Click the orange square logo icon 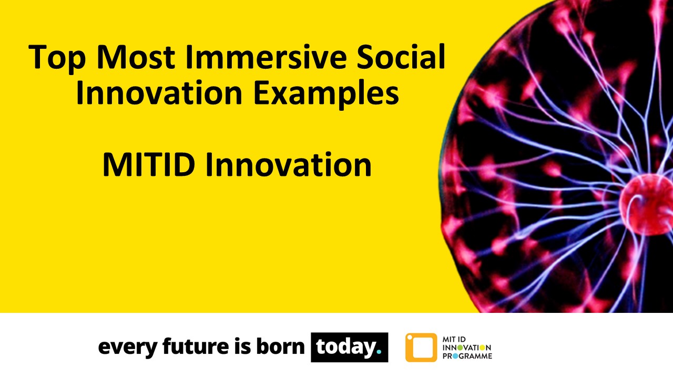coord(421,348)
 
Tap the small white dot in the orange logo coord(410,337)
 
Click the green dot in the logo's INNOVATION coord(460,348)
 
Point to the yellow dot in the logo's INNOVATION coord(482,348)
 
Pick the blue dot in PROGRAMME coord(455,356)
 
